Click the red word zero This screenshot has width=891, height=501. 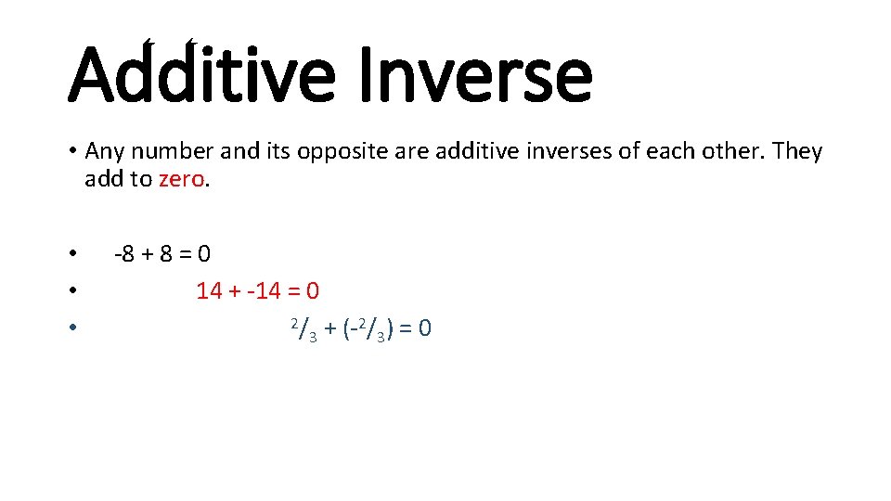point(181,179)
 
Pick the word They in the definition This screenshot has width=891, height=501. point(796,151)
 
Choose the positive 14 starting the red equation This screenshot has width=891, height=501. point(209,291)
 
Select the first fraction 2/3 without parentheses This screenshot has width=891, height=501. point(303,329)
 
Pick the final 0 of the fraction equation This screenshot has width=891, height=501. point(424,329)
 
